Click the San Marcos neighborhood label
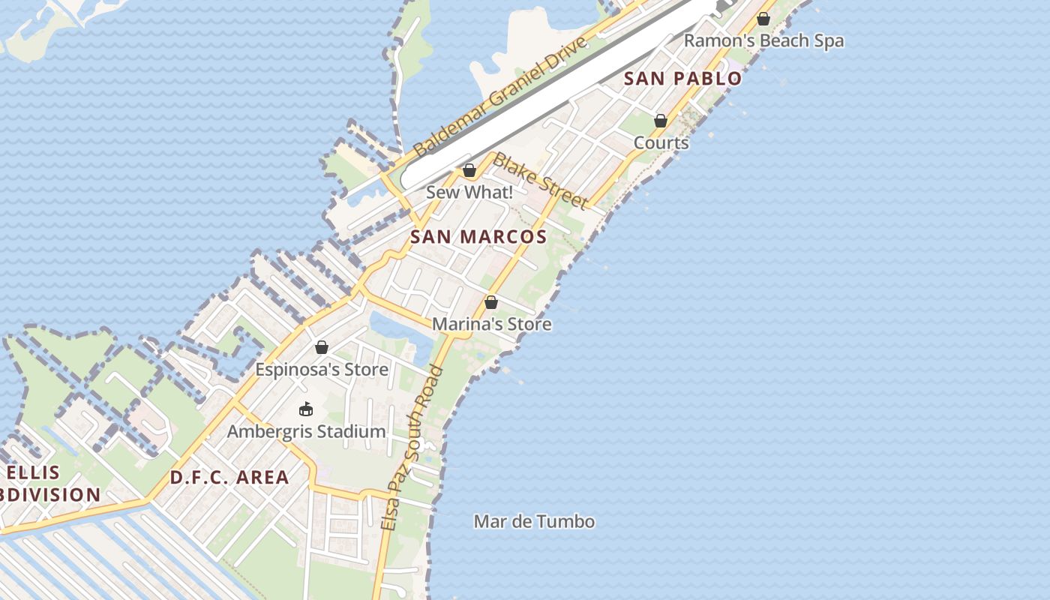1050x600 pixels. tap(478, 237)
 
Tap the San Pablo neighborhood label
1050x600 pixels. tap(682, 78)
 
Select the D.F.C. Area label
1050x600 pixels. tap(229, 478)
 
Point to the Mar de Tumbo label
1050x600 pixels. tap(534, 521)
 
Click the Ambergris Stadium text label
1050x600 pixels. tap(307, 432)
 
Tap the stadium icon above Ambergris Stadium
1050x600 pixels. tap(306, 409)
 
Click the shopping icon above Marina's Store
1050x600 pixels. tap(491, 302)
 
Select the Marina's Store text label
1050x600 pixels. tap(492, 324)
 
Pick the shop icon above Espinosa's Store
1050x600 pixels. tap(322, 347)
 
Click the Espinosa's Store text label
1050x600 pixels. tap(322, 370)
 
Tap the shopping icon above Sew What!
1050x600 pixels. tap(469, 171)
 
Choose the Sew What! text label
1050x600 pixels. tap(469, 193)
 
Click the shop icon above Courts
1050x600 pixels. tap(661, 121)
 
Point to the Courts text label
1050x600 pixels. tap(661, 142)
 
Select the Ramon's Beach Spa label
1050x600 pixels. tap(763, 41)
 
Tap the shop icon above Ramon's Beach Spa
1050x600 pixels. tap(763, 19)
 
